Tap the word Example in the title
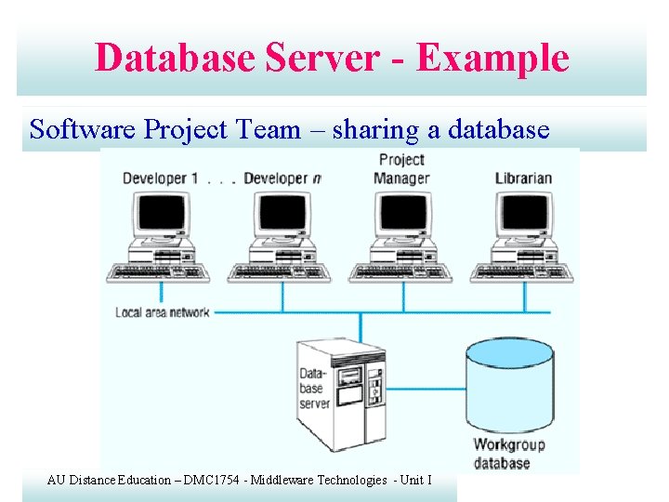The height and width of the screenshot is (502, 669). (x=492, y=58)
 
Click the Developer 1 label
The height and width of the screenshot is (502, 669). (x=160, y=178)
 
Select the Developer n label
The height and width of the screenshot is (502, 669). (x=282, y=178)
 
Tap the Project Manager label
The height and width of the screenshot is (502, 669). (x=401, y=169)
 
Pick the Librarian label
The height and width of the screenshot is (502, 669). (x=523, y=178)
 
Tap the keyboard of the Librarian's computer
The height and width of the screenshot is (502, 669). (x=521, y=271)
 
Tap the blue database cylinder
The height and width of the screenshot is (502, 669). (x=508, y=382)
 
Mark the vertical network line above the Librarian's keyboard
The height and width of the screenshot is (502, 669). (x=524, y=297)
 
